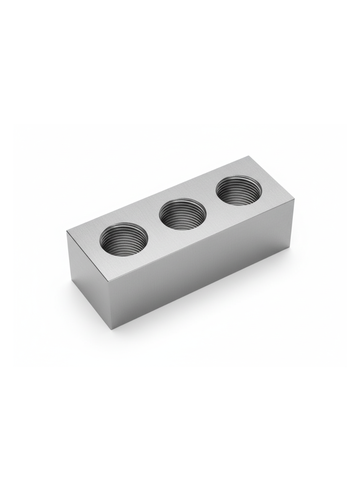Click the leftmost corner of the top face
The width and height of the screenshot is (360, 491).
[67, 231]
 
